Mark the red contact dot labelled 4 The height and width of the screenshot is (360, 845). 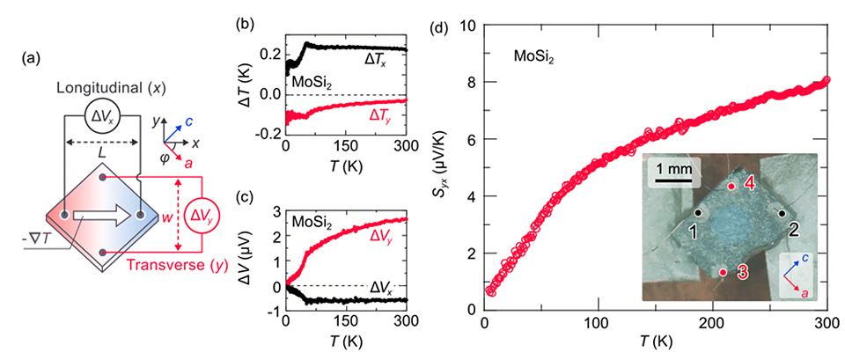point(731,187)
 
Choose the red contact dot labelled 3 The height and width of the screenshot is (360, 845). point(723,272)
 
